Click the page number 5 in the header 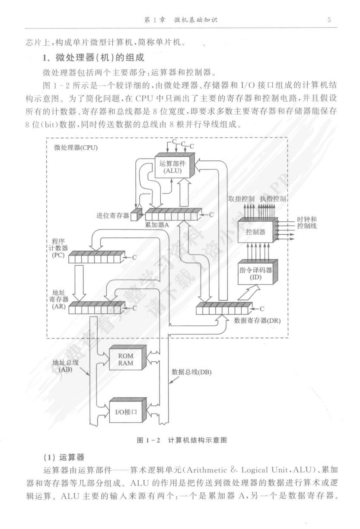click(x=329, y=19)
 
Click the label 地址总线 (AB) click(x=65, y=366)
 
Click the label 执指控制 click(x=273, y=199)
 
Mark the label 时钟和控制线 click(x=306, y=223)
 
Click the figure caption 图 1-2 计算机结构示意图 click(x=182, y=440)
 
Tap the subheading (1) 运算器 click(x=64, y=457)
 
